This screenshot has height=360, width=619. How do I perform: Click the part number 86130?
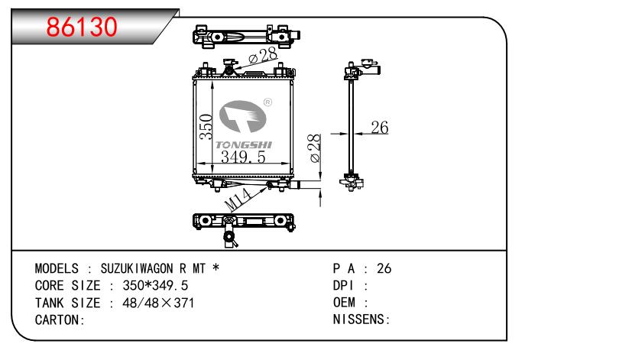point(83,27)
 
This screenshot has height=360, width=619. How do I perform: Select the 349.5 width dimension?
point(243,157)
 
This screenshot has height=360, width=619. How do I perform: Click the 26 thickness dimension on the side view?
point(379,128)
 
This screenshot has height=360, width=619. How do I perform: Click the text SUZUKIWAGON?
point(133,269)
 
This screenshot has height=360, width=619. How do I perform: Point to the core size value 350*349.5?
point(151,286)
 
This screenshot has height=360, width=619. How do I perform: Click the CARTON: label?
point(59,319)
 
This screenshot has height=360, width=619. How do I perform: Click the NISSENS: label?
point(361,319)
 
